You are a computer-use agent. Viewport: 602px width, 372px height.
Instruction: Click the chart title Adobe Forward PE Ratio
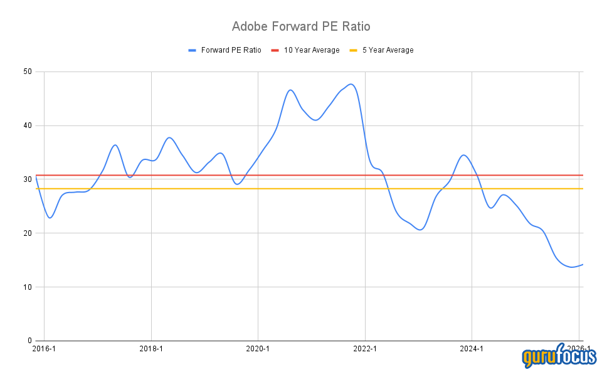[x=301, y=26]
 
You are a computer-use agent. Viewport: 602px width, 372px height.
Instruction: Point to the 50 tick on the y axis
[x=28, y=72]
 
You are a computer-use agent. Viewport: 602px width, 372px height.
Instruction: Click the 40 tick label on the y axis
[x=28, y=125]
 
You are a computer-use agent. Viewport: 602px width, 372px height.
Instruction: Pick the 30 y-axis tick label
[x=28, y=179]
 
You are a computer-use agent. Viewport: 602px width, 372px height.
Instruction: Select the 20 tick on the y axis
[x=28, y=233]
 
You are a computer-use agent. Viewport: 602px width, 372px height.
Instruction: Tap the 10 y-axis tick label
[x=28, y=287]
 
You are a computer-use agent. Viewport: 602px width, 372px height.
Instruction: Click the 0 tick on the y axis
[x=30, y=341]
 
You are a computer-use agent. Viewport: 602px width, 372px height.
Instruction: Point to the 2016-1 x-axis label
[x=44, y=349]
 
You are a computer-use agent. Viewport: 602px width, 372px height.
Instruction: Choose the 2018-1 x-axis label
[x=151, y=349]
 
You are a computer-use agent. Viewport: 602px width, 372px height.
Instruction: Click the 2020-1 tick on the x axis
[x=258, y=349]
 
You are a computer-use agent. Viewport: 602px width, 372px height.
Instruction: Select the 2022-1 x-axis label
[x=364, y=349]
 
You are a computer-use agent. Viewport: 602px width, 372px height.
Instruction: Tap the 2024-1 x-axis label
[x=471, y=349]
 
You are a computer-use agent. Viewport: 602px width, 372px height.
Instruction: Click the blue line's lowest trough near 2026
[x=572, y=267]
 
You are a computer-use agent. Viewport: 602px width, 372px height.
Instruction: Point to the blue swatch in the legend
[x=193, y=50]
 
